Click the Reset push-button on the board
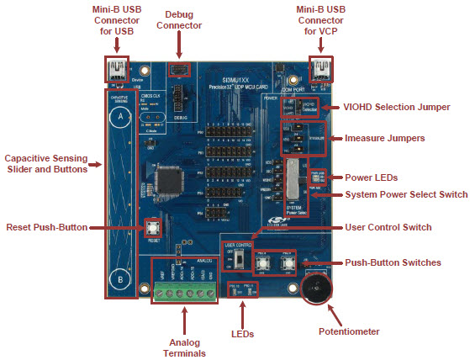154,227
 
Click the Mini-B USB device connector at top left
115,68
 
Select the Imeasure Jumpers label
388,138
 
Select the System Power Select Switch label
407,194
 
